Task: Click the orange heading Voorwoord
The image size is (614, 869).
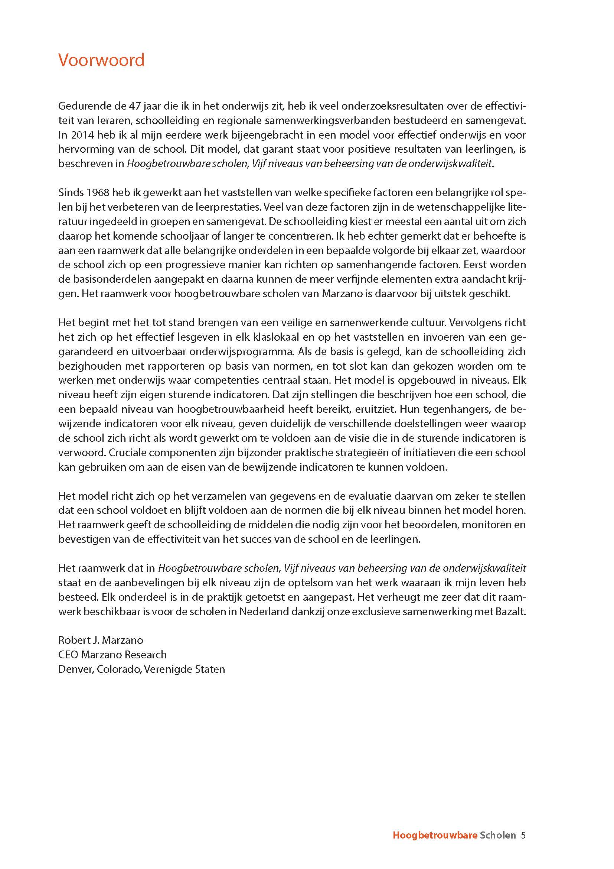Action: pyautogui.click(x=101, y=60)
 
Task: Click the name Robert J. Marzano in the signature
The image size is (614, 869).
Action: pyautogui.click(x=101, y=640)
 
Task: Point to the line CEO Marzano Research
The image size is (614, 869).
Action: pyautogui.click(x=112, y=654)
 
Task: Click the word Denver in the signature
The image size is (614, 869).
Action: pyautogui.click(x=76, y=669)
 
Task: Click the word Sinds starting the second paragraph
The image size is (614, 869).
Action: pyautogui.click(x=71, y=192)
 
